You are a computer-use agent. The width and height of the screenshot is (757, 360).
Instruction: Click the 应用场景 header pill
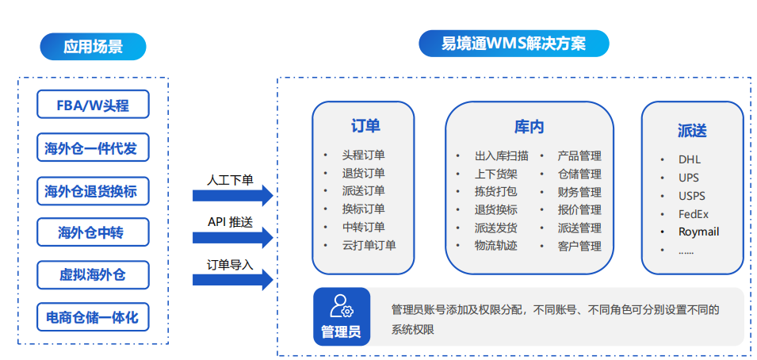point(93,47)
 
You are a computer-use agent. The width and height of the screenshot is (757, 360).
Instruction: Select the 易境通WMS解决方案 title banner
point(514,44)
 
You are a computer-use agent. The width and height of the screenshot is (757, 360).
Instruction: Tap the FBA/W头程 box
point(94,105)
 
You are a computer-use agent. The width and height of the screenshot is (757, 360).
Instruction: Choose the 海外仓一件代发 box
point(94,147)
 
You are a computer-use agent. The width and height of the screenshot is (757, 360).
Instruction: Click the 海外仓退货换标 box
point(94,190)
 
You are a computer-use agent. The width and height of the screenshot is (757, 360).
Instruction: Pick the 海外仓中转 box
point(94,232)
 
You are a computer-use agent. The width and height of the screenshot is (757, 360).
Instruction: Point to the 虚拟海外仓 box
point(94,275)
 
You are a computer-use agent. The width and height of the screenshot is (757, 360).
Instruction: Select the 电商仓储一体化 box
point(94,317)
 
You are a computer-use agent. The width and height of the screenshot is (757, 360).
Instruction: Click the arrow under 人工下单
point(233,195)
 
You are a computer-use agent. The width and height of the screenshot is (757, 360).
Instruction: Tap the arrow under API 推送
point(233,237)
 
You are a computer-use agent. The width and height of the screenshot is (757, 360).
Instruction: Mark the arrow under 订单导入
point(233,280)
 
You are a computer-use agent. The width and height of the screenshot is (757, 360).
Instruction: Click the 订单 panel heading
point(365,125)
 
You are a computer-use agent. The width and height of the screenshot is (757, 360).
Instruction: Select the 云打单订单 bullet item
point(369,245)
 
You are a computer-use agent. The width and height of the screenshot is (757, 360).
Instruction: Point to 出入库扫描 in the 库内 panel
point(501,156)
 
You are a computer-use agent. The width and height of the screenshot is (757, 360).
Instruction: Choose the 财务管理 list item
point(579,192)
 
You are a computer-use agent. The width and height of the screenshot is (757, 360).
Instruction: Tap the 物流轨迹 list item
point(496,246)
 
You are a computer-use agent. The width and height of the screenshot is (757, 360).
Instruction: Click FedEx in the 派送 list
point(694,214)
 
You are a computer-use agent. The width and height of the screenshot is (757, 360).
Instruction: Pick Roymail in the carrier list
point(698,232)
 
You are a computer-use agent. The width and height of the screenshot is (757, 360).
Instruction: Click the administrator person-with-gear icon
point(342,306)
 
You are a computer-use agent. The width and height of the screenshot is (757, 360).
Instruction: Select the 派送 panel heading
point(692,131)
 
